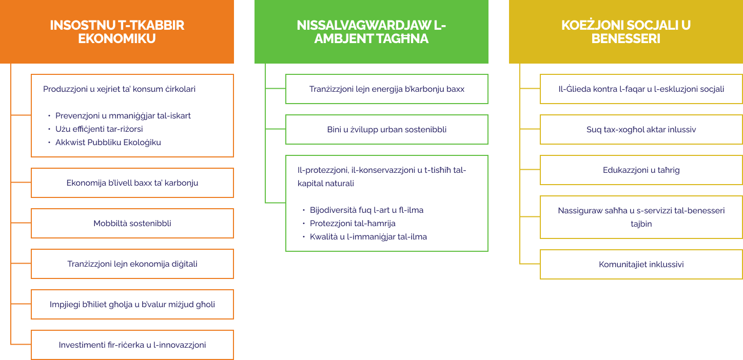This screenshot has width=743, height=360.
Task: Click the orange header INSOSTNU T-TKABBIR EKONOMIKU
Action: (x=117, y=31)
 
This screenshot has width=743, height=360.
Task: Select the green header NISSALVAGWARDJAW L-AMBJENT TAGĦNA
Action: (x=371, y=31)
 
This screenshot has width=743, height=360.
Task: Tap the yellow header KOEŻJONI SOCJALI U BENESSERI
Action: (x=626, y=31)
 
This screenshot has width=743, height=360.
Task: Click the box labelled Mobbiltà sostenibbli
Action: (x=132, y=224)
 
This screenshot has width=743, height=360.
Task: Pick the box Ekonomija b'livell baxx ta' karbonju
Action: (x=132, y=183)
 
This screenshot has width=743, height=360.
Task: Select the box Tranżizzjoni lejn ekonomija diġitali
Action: (x=132, y=264)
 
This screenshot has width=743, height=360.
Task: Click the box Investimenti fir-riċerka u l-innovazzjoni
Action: (x=132, y=345)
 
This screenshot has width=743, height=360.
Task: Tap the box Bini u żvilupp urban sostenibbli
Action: (x=387, y=130)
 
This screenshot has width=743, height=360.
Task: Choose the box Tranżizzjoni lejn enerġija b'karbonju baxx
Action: (x=387, y=89)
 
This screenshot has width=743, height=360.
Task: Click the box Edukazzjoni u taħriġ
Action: (x=641, y=170)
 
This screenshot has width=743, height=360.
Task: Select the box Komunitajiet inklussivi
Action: (x=641, y=264)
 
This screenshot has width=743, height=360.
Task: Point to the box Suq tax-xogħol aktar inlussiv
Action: (x=641, y=130)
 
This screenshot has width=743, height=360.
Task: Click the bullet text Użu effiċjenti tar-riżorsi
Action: (x=99, y=129)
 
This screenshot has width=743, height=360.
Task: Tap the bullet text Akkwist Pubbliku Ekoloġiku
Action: (x=108, y=143)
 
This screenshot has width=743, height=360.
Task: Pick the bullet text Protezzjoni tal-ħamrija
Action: (x=353, y=224)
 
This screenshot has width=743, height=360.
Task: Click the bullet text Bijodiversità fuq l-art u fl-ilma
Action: (x=366, y=210)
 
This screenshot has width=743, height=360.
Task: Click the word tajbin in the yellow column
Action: (x=641, y=224)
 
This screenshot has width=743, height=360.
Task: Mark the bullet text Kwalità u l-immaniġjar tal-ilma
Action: (x=368, y=237)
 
